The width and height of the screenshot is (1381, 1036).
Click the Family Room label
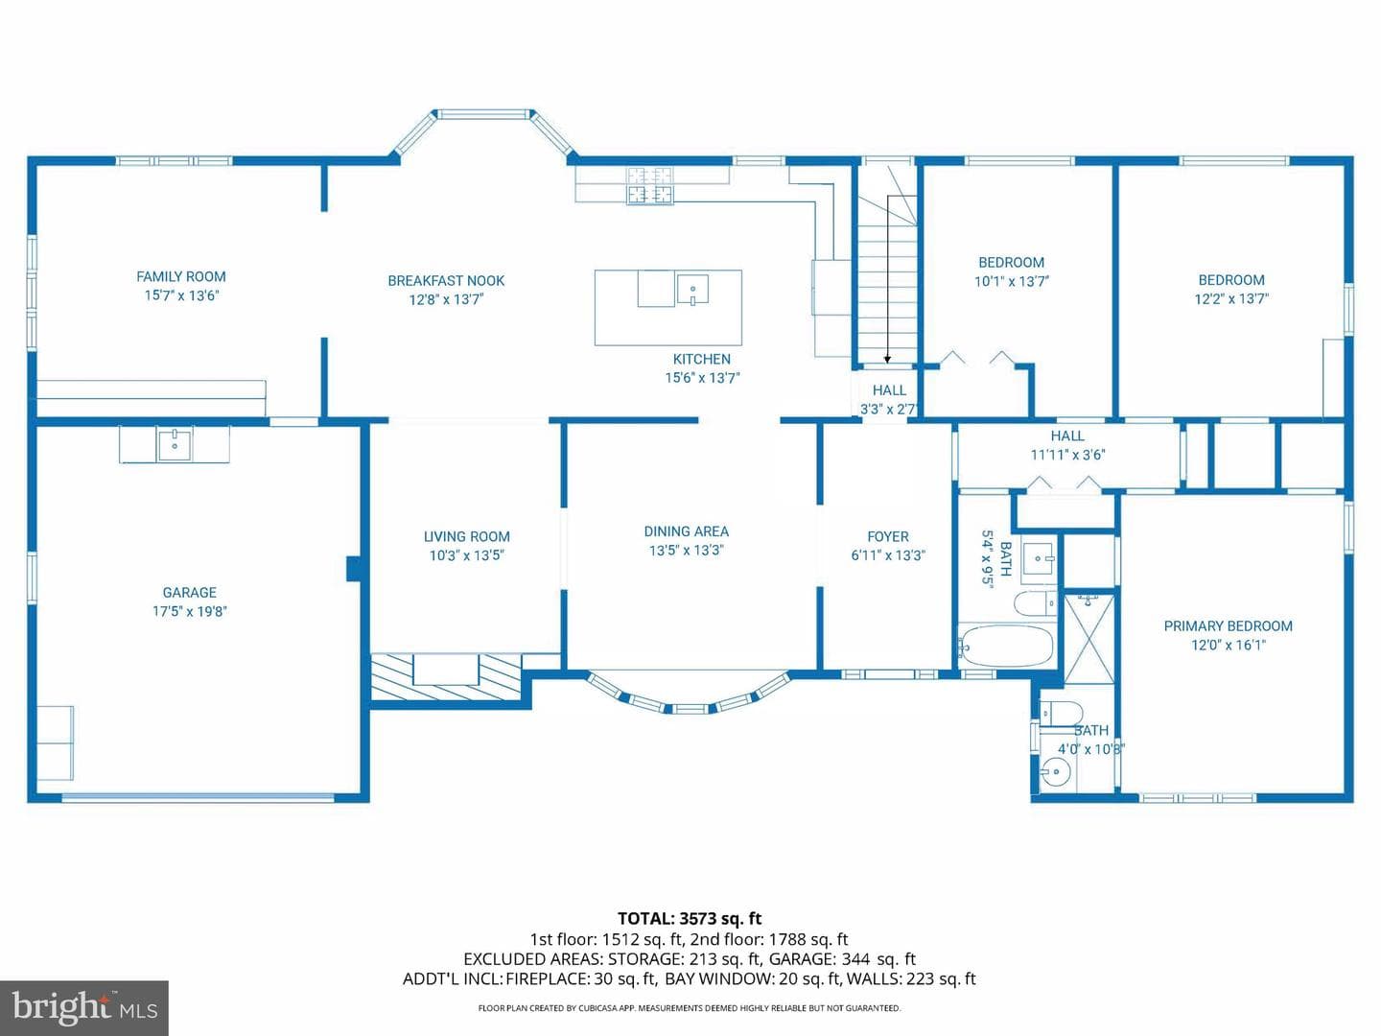(x=181, y=276)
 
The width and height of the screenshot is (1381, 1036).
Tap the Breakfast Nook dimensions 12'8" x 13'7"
(x=446, y=299)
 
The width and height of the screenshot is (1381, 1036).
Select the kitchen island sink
(x=692, y=290)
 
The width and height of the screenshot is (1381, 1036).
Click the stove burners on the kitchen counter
(x=649, y=185)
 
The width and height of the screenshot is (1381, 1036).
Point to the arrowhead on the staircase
(x=887, y=359)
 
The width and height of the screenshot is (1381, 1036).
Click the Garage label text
(x=189, y=593)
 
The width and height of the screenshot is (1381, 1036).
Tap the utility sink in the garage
(x=175, y=444)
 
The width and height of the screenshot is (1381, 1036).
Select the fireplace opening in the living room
(x=446, y=670)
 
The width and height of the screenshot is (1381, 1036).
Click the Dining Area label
(x=687, y=531)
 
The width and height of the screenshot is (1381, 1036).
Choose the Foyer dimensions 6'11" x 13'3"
(x=888, y=555)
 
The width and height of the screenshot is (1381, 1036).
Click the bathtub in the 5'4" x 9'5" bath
(x=1005, y=646)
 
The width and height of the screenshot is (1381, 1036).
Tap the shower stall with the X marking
(x=1089, y=638)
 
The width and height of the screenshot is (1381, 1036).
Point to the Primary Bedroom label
(x=1229, y=625)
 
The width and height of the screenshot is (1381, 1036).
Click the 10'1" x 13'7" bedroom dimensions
(x=1012, y=282)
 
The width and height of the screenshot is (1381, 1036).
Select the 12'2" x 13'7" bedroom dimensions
(x=1231, y=298)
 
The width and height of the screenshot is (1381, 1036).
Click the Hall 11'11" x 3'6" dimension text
(x=1067, y=455)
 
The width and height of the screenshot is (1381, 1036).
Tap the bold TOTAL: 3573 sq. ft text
(x=690, y=919)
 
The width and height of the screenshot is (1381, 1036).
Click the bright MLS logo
(x=84, y=1007)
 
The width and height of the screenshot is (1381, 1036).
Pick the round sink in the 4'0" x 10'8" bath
(x=1055, y=770)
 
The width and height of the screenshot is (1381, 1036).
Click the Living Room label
(x=466, y=536)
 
